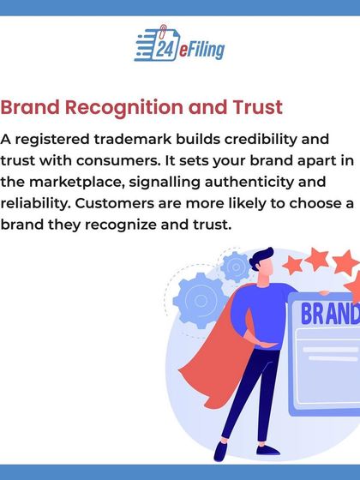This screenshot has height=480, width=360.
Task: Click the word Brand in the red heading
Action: click(x=35, y=109)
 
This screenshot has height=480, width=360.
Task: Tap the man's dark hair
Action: click(x=262, y=257)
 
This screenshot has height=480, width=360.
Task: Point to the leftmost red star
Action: click(x=293, y=263)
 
